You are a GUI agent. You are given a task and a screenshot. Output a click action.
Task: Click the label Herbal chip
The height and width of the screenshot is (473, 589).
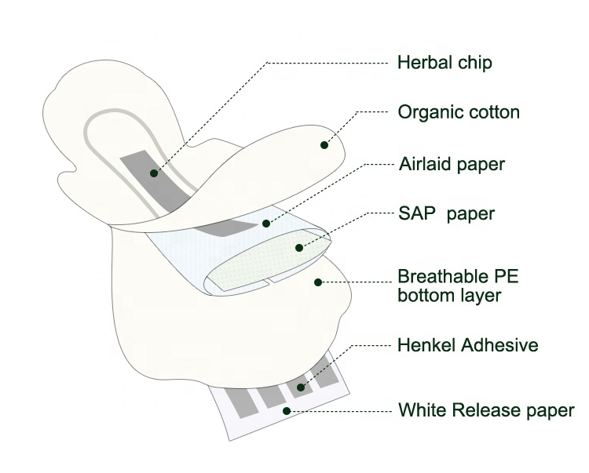[445, 61]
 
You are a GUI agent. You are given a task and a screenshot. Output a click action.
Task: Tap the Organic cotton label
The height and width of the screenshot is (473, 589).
[459, 112]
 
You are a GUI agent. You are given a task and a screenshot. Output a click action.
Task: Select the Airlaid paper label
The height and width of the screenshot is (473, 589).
[451, 164]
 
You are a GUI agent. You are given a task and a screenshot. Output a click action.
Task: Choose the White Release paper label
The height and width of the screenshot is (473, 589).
[486, 409]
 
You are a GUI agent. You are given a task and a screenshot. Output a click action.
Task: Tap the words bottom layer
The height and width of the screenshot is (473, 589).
[449, 296]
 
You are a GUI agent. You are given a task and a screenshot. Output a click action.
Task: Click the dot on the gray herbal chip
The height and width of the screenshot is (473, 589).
[154, 172]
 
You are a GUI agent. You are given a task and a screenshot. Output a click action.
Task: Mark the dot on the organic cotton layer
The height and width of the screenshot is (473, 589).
[324, 144]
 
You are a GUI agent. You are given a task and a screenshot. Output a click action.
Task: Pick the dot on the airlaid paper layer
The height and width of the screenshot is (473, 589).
[266, 222]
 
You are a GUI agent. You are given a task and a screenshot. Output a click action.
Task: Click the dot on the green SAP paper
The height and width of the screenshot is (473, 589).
[299, 248]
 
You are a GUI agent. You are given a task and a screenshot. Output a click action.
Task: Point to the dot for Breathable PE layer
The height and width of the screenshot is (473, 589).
[317, 281]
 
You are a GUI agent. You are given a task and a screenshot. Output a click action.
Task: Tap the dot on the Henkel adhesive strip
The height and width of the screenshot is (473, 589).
[299, 387]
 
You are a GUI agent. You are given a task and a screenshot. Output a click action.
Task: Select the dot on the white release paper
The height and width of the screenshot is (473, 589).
[287, 410]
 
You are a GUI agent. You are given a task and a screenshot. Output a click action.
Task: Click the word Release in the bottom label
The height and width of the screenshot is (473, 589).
[491, 409]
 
